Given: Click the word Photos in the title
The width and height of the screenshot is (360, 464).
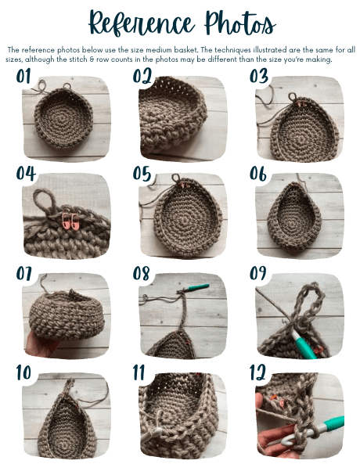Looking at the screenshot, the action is click(239, 23).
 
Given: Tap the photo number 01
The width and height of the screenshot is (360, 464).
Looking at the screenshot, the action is click(23, 77).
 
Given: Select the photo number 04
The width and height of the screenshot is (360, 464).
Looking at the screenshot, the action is click(26, 174).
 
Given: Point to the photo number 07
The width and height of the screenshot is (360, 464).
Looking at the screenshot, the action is click(24, 273).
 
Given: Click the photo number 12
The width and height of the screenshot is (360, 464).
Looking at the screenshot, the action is click(257, 372).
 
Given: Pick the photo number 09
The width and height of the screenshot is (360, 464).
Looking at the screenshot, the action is click(257, 273).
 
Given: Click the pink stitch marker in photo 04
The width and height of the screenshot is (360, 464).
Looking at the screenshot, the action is click(70, 221).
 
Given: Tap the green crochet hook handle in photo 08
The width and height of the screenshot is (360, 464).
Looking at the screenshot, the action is click(197, 287).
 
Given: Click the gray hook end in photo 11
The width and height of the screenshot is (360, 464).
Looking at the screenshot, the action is click(151, 435).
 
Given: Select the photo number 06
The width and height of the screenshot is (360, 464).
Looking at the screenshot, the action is click(257, 174).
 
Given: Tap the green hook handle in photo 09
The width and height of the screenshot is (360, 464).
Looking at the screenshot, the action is click(304, 345).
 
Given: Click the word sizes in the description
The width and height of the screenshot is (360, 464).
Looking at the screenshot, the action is click(14, 59).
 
